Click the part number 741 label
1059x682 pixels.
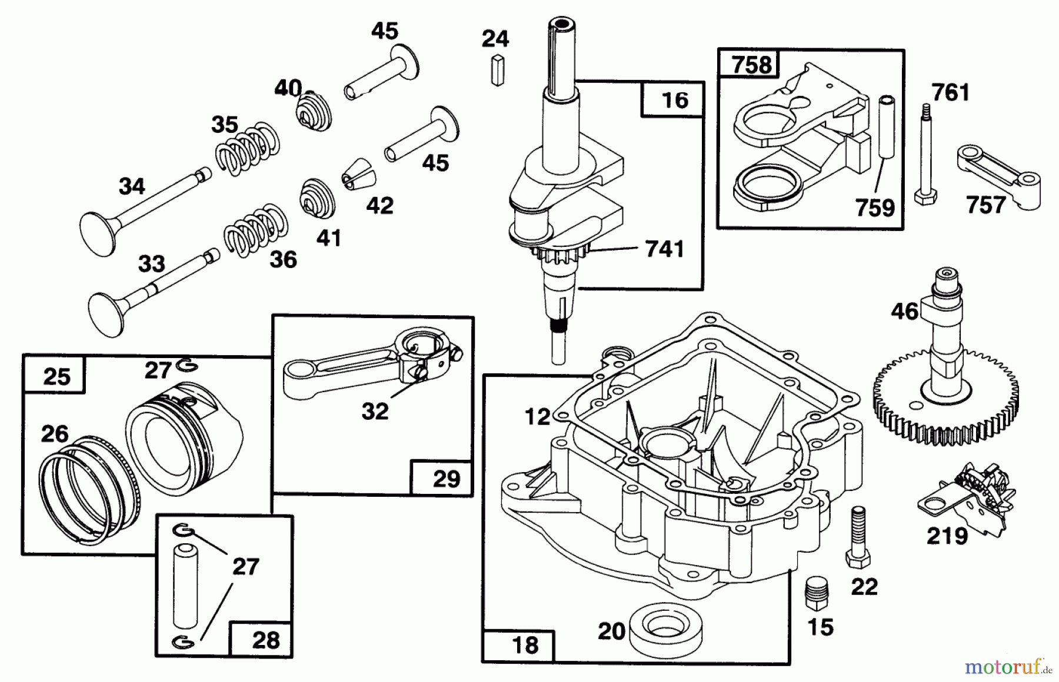click(x=664, y=249)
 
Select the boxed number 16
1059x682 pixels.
click(x=674, y=100)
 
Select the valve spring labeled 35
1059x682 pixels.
click(x=246, y=149)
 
